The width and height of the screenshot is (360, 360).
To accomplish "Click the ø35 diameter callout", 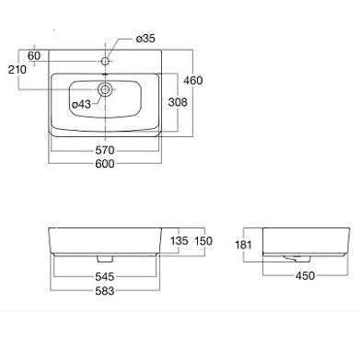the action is pos(145,39).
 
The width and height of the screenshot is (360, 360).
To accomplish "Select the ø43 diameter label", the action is pos(81,104).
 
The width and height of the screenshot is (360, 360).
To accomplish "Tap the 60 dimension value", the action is pos(34,56).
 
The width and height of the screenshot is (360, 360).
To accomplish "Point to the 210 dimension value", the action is pos(17,70).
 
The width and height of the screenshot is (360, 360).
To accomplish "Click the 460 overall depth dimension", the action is pos(193,80).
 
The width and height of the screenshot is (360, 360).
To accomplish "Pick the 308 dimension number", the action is pos(178,102).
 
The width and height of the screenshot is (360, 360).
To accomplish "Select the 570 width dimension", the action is pos(105,150).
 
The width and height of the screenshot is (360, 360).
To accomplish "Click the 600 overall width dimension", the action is pos(105,164).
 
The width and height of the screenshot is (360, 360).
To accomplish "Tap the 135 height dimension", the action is pos(180,240).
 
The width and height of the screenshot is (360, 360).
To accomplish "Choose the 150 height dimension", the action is pos(203,241).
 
